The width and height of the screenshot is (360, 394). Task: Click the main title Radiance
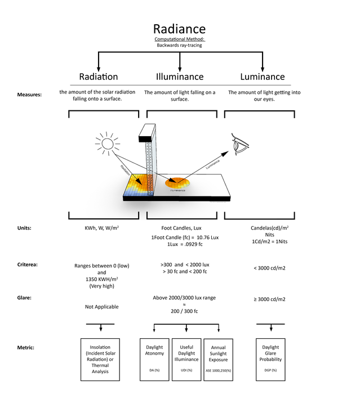tap(180, 29)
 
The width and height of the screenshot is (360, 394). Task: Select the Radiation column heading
tap(99, 77)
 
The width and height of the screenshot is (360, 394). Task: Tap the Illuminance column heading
tap(180, 77)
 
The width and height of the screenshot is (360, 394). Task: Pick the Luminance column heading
tap(262, 77)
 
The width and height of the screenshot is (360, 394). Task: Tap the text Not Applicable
tap(102, 307)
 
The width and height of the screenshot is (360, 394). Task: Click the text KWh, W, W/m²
tap(102, 229)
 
